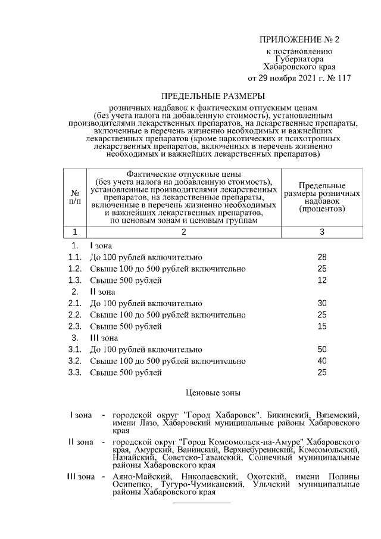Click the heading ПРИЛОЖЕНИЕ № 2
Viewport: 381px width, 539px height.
[x=299, y=40]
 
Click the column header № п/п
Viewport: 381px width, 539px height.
[x=75, y=197]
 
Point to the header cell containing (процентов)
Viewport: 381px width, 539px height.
[x=322, y=210]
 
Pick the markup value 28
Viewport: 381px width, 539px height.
[x=322, y=257]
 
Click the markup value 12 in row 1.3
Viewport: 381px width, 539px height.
[x=322, y=280]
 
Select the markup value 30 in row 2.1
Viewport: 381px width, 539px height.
[x=322, y=303]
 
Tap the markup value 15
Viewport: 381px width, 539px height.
[x=322, y=326]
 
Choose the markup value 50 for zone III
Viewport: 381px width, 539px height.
[x=322, y=350]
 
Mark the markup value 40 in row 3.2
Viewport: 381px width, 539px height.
[x=322, y=361]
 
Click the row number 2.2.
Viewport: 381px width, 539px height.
[x=74, y=315]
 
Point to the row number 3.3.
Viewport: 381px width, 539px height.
[x=74, y=373]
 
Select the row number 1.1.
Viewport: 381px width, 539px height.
[x=74, y=257]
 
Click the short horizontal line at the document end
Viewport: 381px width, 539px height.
[x=201, y=503]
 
